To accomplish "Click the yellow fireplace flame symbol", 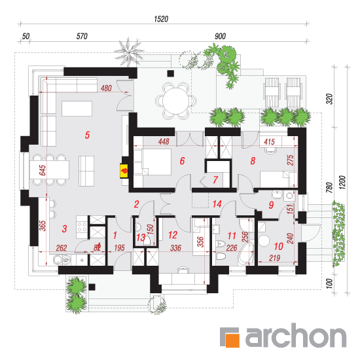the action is point(124,171).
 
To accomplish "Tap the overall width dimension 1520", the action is point(161,19).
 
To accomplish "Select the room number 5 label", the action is point(87,135).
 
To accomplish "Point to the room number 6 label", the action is point(182,161).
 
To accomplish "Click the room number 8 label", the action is point(253,161).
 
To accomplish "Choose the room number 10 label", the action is point(278,246).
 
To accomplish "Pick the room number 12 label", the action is point(173,235).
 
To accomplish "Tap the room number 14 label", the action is point(217,204).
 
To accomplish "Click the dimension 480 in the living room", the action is point(106,88).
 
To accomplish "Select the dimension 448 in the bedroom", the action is point(164,141).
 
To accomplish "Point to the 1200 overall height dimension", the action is point(342,183).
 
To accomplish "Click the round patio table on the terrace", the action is point(176,101).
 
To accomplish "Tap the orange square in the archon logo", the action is point(233,340).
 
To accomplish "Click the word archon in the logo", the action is point(296,335).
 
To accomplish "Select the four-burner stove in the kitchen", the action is point(82,227).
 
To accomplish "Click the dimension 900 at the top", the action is point(220,36).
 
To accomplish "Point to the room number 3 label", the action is point(65,228).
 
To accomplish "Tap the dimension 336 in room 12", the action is point(175,247).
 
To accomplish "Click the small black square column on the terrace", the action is point(170,73).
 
